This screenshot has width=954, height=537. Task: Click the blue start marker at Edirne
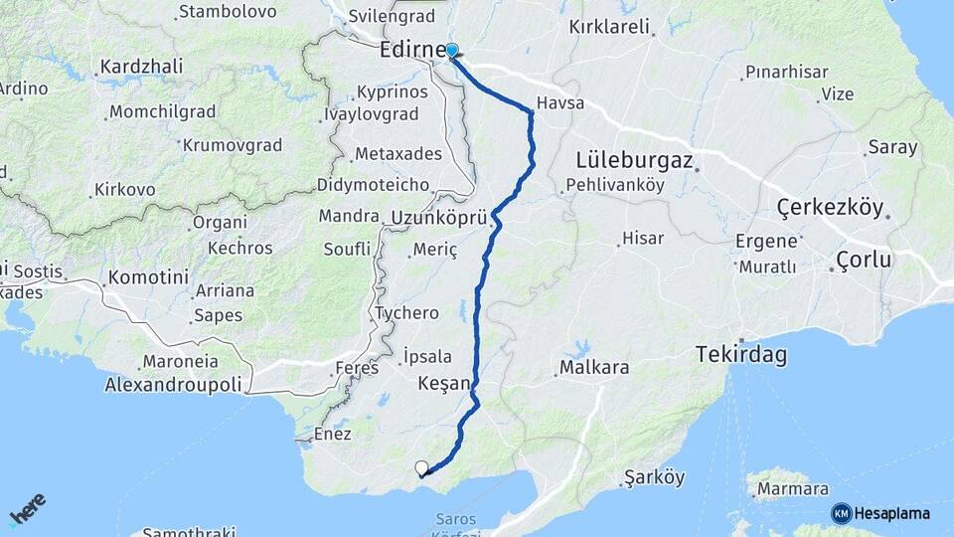pyautogui.click(x=452, y=51)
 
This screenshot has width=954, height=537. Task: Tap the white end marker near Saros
pyautogui.click(x=422, y=467)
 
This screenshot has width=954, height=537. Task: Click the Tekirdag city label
pyautogui.click(x=741, y=354)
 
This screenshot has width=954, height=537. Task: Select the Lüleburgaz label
pyautogui.click(x=633, y=160)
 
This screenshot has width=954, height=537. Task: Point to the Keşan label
pyautogui.click(x=443, y=383)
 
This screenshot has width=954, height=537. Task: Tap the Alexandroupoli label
pyautogui.click(x=174, y=384)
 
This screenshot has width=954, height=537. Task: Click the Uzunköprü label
pyautogui.click(x=438, y=217)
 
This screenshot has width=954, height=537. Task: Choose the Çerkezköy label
pyautogui.click(x=830, y=208)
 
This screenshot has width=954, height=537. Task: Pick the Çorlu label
pyautogui.click(x=864, y=260)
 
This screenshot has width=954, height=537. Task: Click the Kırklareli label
pyautogui.click(x=609, y=27)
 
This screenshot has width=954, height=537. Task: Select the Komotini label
pyautogui.click(x=149, y=277)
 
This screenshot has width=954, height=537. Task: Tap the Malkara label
pyautogui.click(x=594, y=368)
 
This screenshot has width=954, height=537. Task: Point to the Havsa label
pyautogui.click(x=559, y=103)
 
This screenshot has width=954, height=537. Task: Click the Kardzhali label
pyautogui.click(x=141, y=68)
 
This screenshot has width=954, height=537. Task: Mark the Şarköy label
pyautogui.click(x=655, y=477)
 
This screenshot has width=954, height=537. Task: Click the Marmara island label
pyautogui.click(x=792, y=489)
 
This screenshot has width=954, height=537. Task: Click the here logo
pyautogui.click(x=27, y=508)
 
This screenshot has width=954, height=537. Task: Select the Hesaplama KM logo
pyautogui.click(x=880, y=513)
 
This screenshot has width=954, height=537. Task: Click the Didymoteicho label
pyautogui.click(x=373, y=185)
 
